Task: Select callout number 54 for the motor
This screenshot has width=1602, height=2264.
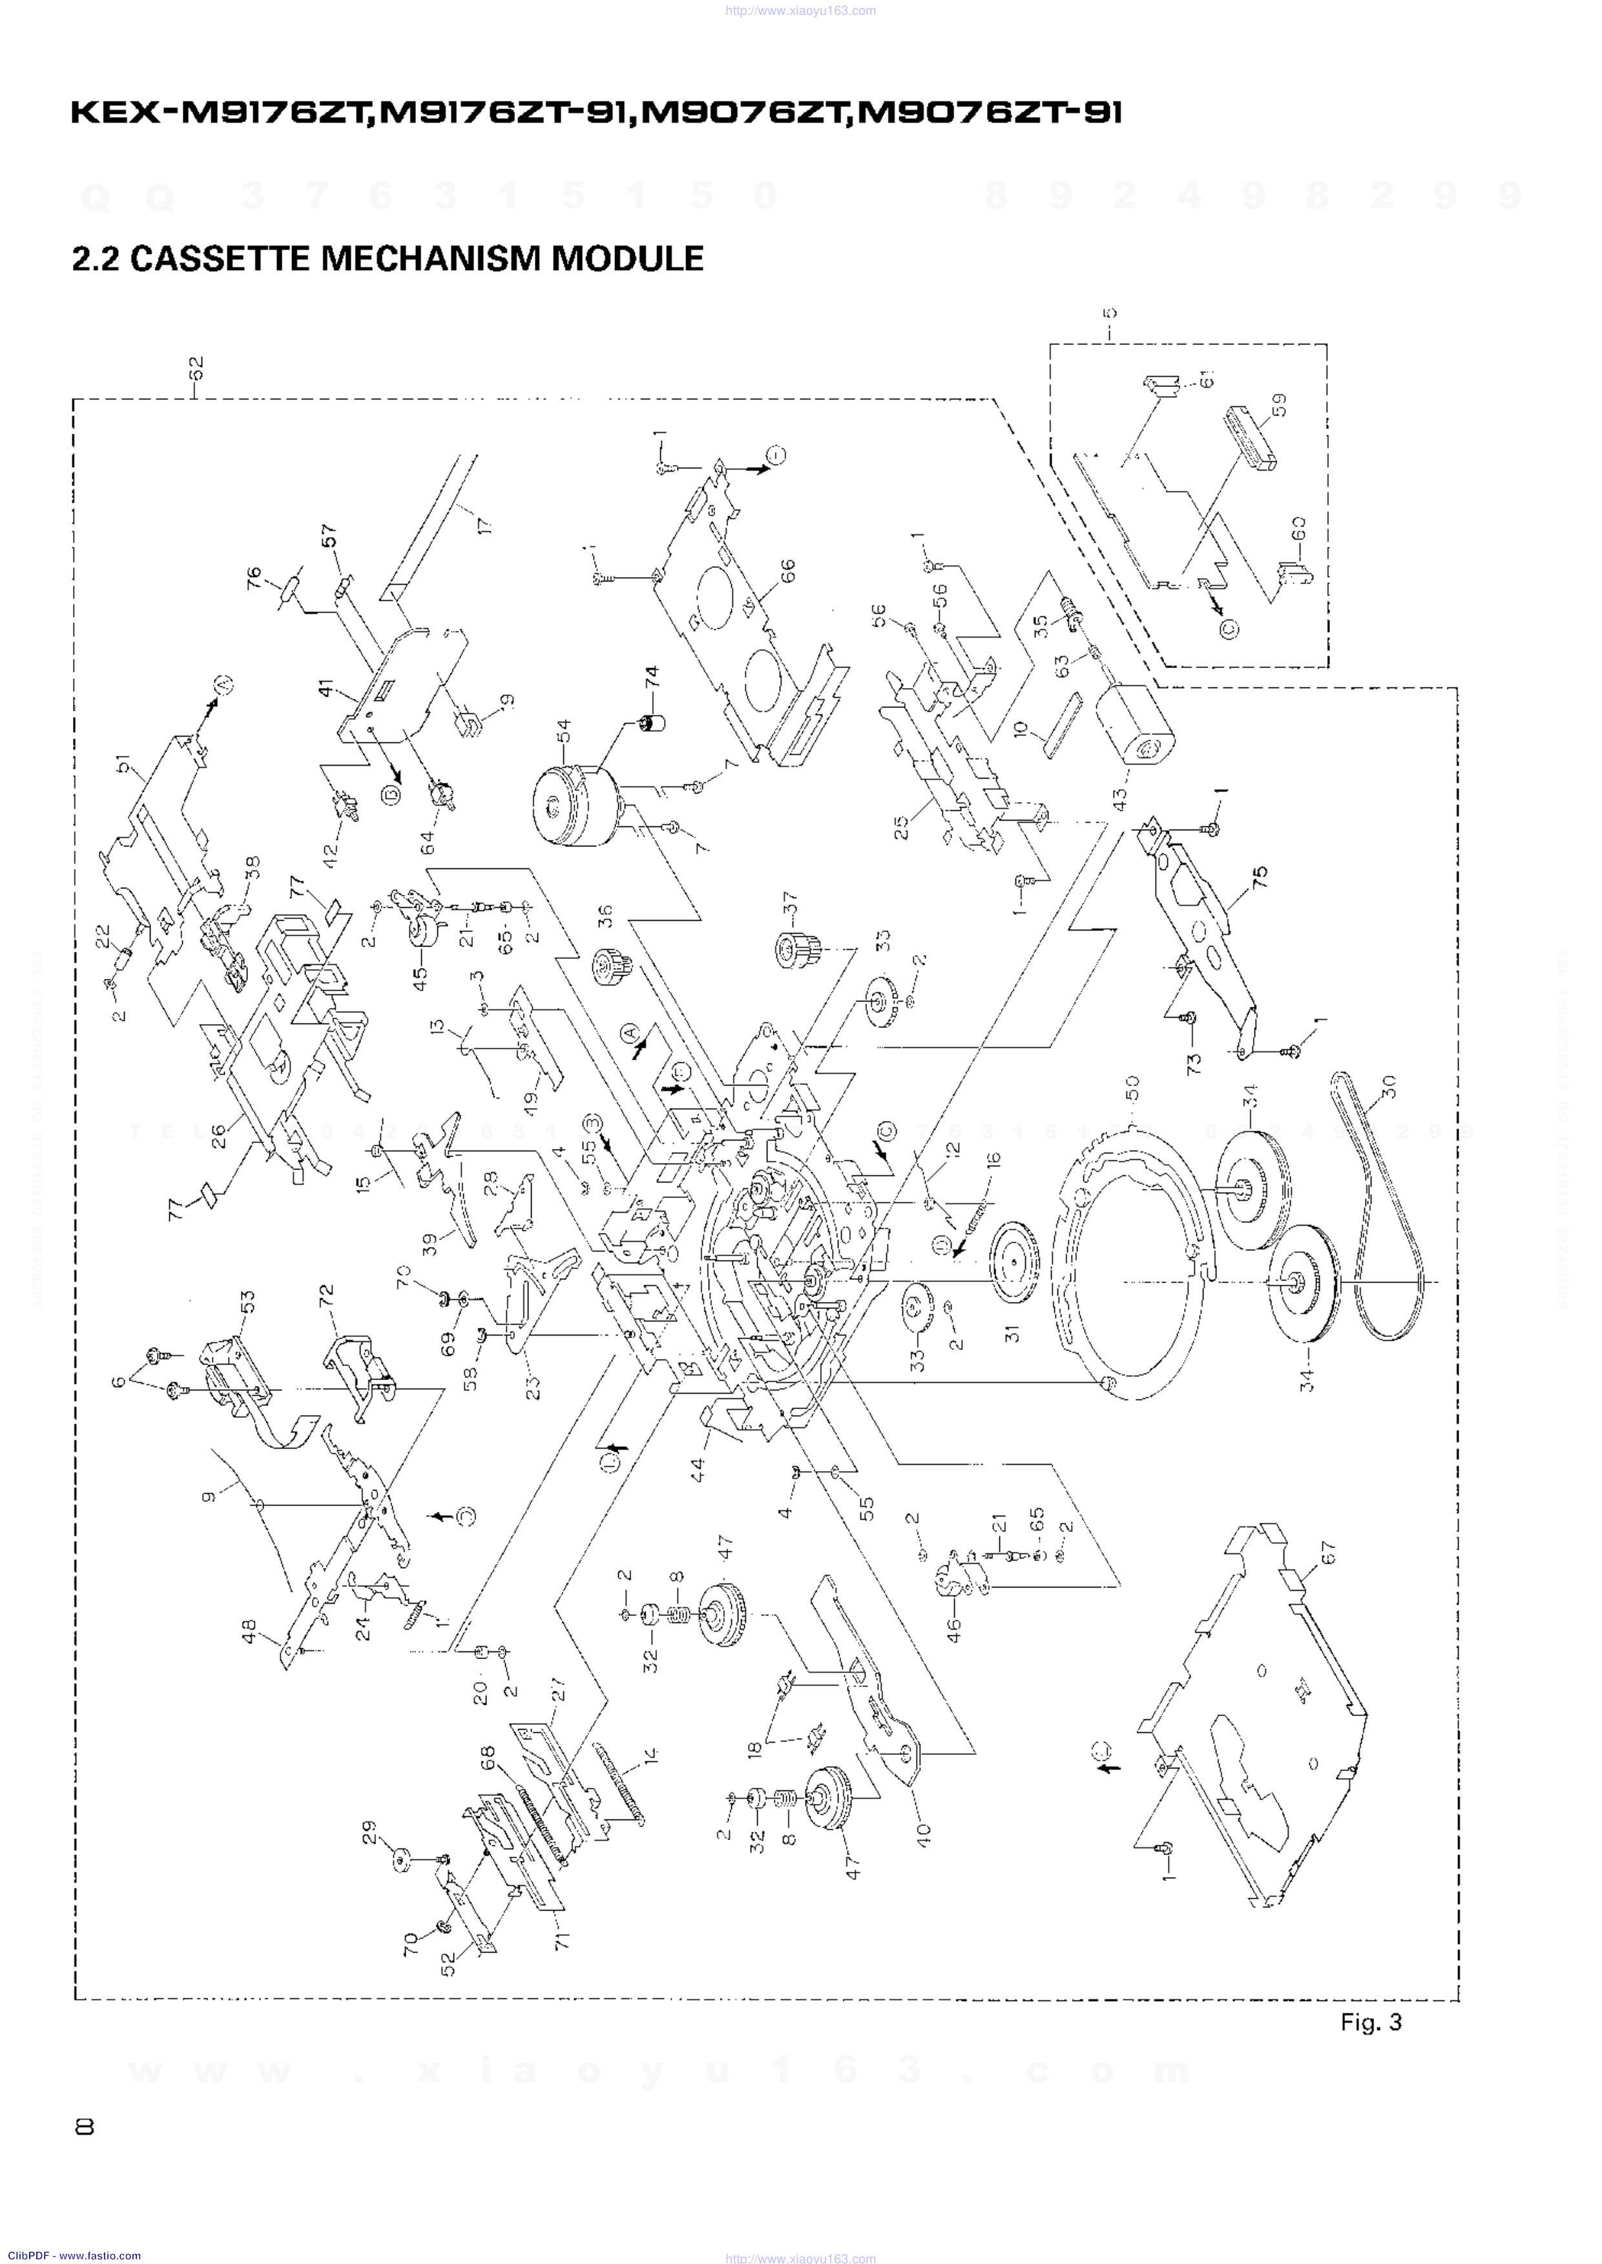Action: pyautogui.click(x=563, y=731)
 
